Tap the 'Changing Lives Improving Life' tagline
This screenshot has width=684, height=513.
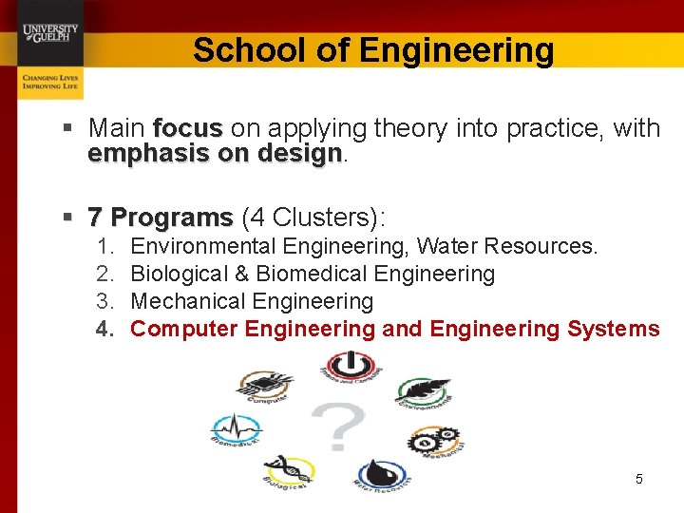click(x=50, y=82)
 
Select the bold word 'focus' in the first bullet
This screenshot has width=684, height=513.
click(x=187, y=128)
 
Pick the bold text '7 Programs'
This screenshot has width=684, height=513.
click(x=160, y=218)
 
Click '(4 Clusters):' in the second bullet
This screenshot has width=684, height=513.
click(x=313, y=218)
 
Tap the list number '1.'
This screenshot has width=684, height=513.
click(x=106, y=247)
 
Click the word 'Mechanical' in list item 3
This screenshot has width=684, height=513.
click(x=186, y=302)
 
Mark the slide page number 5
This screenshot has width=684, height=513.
click(x=638, y=479)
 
